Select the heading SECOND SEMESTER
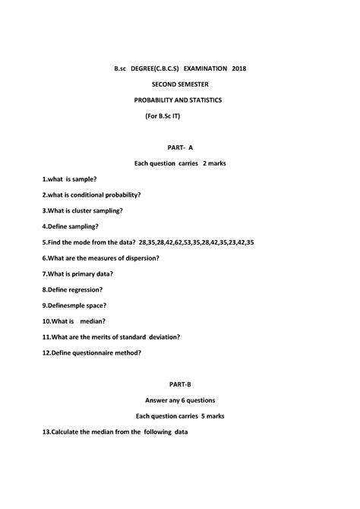click(x=179, y=84)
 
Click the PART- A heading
click(x=180, y=147)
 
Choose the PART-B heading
click(x=180, y=384)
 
